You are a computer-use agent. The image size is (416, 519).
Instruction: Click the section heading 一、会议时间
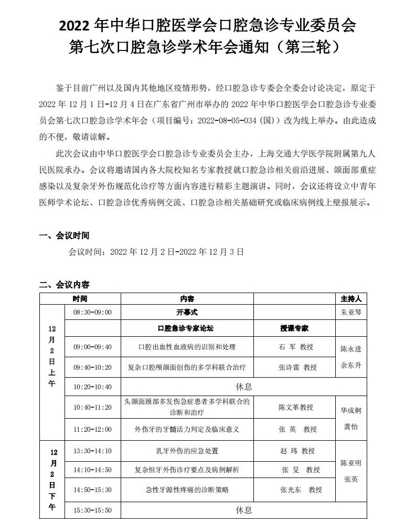click(65, 235)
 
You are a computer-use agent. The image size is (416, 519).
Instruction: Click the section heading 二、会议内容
click(65, 285)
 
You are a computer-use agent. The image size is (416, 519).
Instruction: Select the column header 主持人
click(351, 298)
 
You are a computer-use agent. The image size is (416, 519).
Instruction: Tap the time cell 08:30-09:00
click(92, 312)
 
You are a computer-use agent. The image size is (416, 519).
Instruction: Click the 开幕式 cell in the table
click(187, 312)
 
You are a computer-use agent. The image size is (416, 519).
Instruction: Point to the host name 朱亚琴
click(351, 312)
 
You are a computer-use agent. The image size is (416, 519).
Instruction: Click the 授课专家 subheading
click(294, 328)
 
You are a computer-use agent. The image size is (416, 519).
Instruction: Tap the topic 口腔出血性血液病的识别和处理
click(187, 347)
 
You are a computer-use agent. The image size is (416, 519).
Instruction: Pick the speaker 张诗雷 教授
click(297, 367)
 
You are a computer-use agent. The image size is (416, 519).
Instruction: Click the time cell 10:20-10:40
click(92, 387)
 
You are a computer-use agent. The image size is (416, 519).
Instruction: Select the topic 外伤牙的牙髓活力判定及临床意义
click(187, 429)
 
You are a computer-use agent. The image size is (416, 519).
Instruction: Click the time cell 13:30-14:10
click(92, 451)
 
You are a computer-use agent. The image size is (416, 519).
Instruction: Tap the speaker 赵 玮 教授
click(298, 451)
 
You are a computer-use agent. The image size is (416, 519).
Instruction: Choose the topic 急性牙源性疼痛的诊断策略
click(187, 490)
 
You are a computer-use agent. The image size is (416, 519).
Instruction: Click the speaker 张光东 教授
click(301, 490)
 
